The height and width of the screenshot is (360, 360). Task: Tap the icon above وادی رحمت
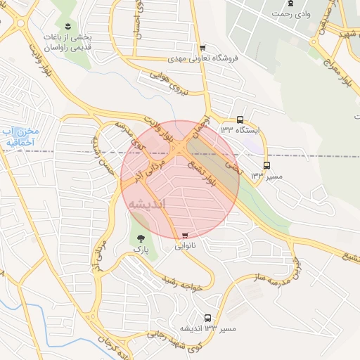click(x=290, y=4)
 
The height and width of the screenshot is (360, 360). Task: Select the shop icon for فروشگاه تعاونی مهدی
click(x=202, y=48)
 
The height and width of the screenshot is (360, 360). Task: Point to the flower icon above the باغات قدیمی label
click(x=68, y=25)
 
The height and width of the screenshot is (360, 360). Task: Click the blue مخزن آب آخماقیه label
click(x=20, y=136)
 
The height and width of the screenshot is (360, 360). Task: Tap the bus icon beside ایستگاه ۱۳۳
click(x=240, y=120)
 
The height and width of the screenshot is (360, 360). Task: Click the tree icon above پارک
click(x=140, y=238)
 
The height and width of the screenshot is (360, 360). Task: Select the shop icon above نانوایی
click(x=185, y=236)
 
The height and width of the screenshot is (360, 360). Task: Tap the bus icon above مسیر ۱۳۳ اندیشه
click(x=207, y=318)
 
